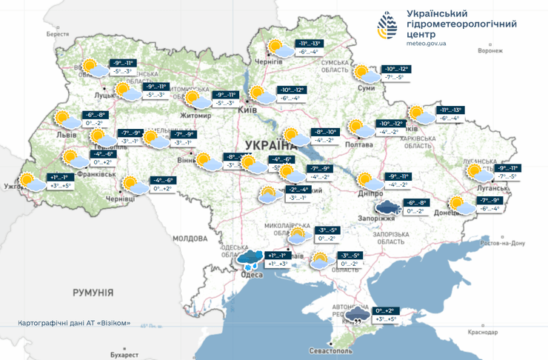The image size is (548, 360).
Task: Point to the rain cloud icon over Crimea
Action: click(358, 315)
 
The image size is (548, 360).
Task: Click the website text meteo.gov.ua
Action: click(427, 44)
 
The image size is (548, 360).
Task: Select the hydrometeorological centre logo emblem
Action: click(388, 28)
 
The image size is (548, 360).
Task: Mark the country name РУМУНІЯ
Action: click(93, 293)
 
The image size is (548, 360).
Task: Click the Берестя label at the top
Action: click(57, 34)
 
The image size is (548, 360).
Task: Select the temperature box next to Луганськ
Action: click(503, 173)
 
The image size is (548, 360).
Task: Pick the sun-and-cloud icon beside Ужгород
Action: click(30, 180)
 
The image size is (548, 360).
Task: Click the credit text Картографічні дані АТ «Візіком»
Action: click(73, 323)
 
